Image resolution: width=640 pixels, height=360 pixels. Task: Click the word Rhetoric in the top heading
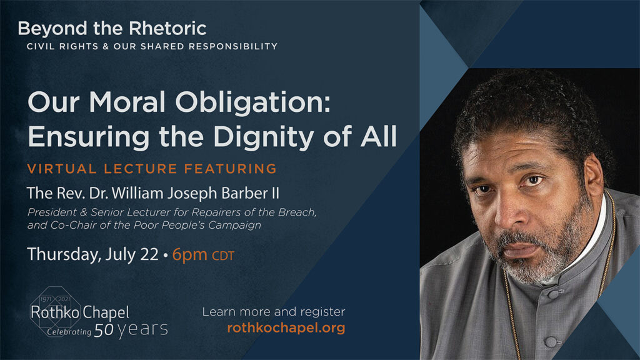click(x=167, y=29)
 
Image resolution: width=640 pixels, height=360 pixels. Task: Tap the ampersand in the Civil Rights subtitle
click(x=105, y=46)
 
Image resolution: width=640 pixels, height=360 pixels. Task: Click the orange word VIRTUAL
click(x=62, y=169)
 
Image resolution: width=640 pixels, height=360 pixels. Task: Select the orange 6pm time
click(x=189, y=255)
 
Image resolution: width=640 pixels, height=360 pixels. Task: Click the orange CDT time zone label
click(x=223, y=256)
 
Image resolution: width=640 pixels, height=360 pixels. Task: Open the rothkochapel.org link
click(x=286, y=327)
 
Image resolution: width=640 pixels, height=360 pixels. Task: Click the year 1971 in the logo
click(x=46, y=299)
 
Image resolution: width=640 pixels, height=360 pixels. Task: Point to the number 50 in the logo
click(x=104, y=330)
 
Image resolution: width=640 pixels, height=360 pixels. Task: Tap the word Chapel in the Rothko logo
click(x=105, y=313)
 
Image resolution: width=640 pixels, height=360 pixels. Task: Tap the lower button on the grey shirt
click(x=550, y=341)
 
